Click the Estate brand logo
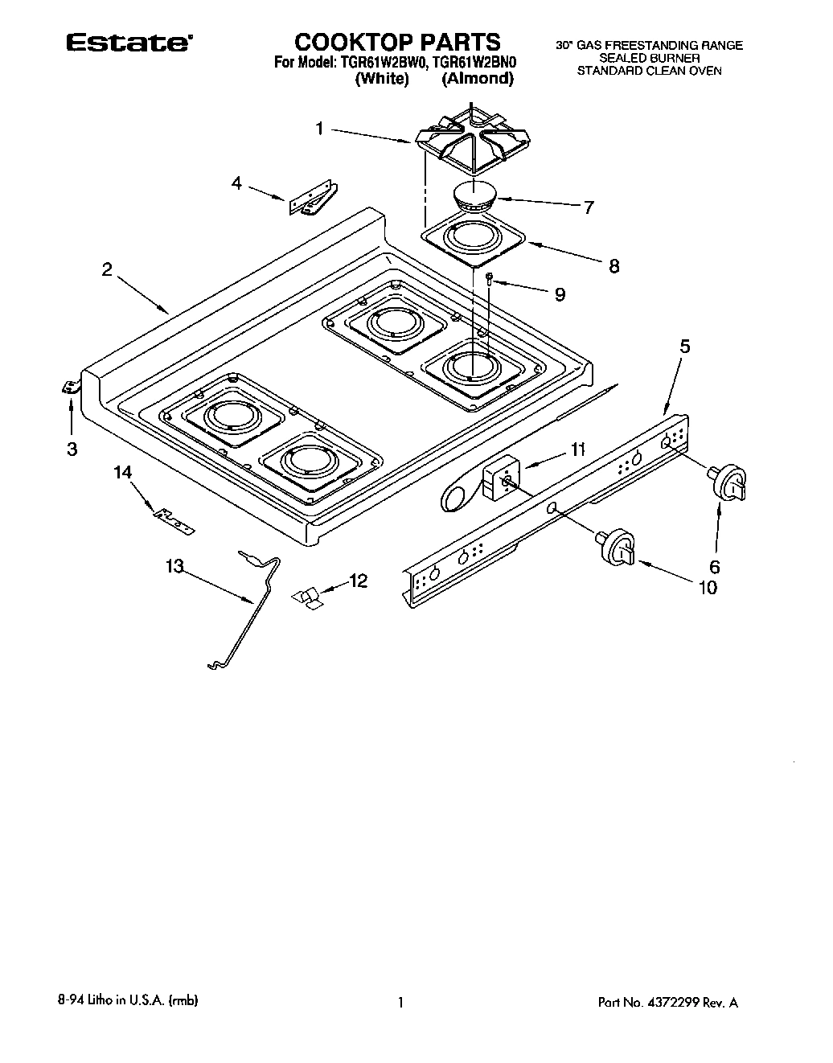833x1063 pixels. click(128, 43)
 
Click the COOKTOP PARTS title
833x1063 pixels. click(396, 42)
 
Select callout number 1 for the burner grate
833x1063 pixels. click(319, 129)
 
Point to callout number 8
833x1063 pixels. click(613, 266)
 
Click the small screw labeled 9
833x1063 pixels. click(490, 279)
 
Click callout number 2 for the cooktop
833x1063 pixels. click(107, 270)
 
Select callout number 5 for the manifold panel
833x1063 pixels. click(685, 347)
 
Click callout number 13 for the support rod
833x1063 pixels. click(174, 566)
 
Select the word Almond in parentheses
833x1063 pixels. click(478, 79)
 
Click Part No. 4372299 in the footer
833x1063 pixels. click(667, 1002)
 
